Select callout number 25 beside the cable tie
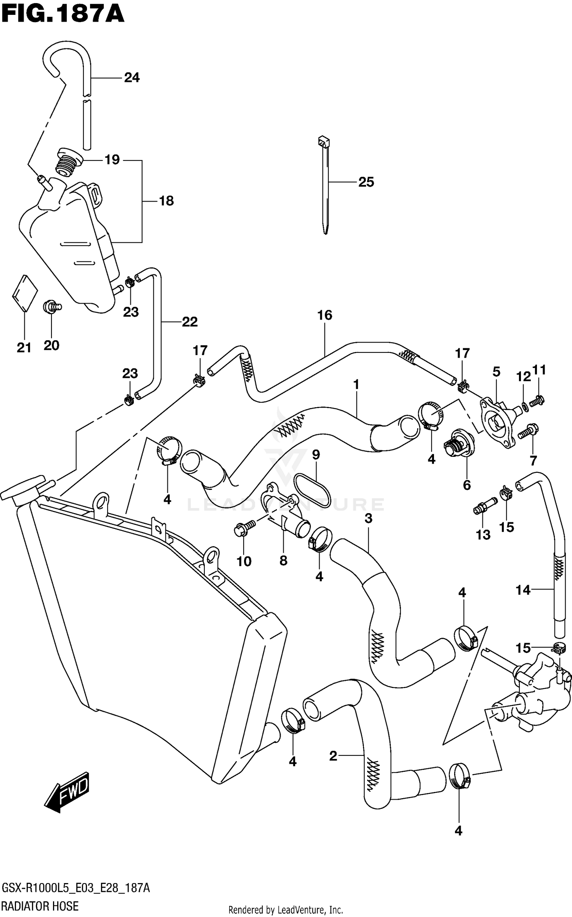[x=366, y=182]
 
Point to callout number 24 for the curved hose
[x=132, y=78]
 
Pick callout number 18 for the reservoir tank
[x=166, y=201]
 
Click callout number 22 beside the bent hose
[x=190, y=322]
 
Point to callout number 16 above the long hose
[x=325, y=315]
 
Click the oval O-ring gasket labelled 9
[x=312, y=490]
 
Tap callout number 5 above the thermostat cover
[x=496, y=371]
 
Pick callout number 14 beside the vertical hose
[x=523, y=590]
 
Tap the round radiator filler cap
[x=21, y=490]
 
